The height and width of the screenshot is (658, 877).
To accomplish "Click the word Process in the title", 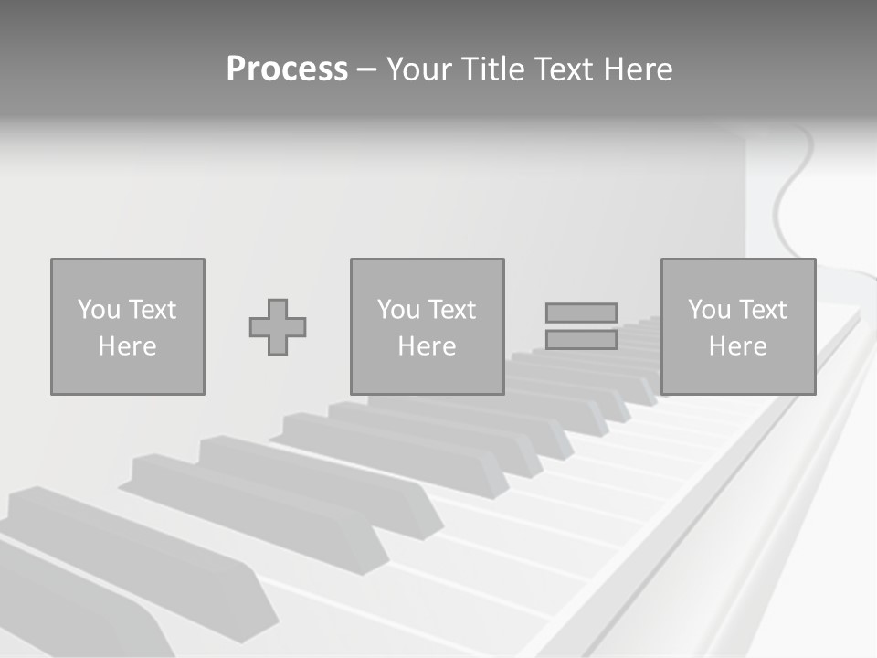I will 287,69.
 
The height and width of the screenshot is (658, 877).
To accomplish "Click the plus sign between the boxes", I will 278,327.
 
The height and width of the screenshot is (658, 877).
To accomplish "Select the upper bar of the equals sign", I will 581,313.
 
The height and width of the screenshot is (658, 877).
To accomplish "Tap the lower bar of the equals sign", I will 581,340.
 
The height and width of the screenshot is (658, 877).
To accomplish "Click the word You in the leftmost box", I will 99,310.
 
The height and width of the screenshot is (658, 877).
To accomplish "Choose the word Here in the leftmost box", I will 127,346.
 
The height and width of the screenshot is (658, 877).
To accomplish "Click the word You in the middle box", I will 398,310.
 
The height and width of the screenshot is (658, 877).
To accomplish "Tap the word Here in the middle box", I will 427,346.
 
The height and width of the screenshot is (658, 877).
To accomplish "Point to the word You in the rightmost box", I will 709,310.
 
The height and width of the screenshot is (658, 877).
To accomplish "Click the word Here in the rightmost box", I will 737,346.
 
